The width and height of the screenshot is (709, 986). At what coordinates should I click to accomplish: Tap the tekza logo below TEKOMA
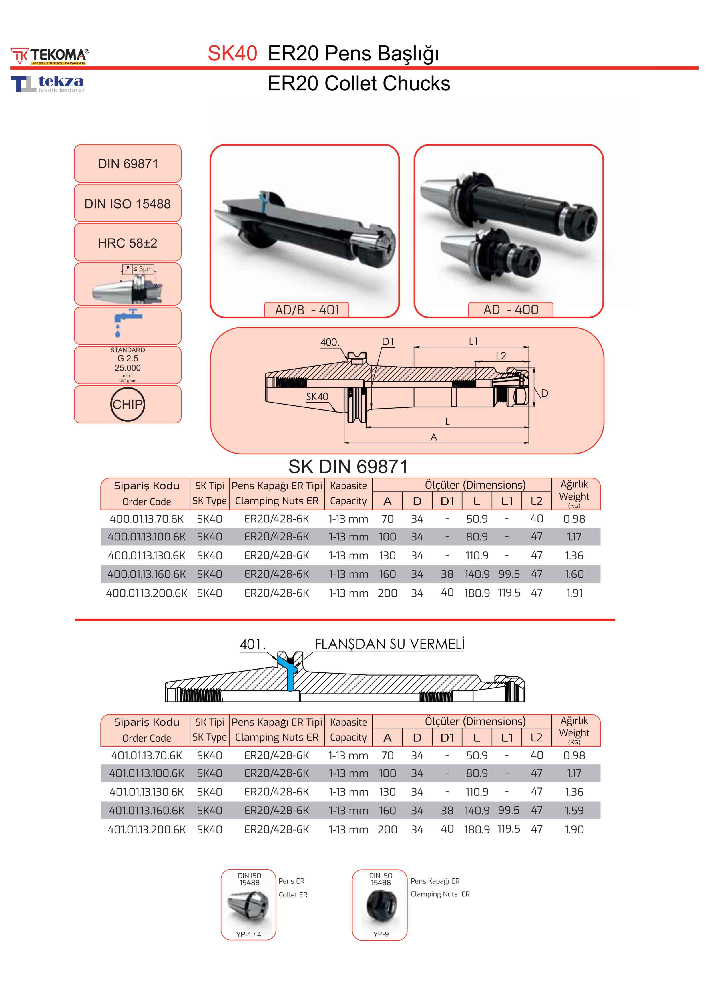[x=48, y=84]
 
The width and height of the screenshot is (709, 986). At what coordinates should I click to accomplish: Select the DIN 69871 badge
[x=128, y=164]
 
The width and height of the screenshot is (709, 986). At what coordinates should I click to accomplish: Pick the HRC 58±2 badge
[x=128, y=243]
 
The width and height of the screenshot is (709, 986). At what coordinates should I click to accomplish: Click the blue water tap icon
[x=127, y=322]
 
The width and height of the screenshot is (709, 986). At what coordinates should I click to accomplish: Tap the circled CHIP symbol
[x=127, y=404]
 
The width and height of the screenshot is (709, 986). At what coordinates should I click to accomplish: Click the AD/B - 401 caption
[x=307, y=310]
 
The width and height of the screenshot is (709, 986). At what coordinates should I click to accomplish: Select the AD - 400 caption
[x=511, y=310]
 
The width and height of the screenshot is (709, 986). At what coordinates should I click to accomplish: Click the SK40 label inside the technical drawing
[x=317, y=397]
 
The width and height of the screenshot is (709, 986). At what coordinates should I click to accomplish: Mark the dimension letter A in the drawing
[x=434, y=437]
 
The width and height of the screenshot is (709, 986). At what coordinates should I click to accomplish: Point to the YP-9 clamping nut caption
[x=381, y=934]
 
